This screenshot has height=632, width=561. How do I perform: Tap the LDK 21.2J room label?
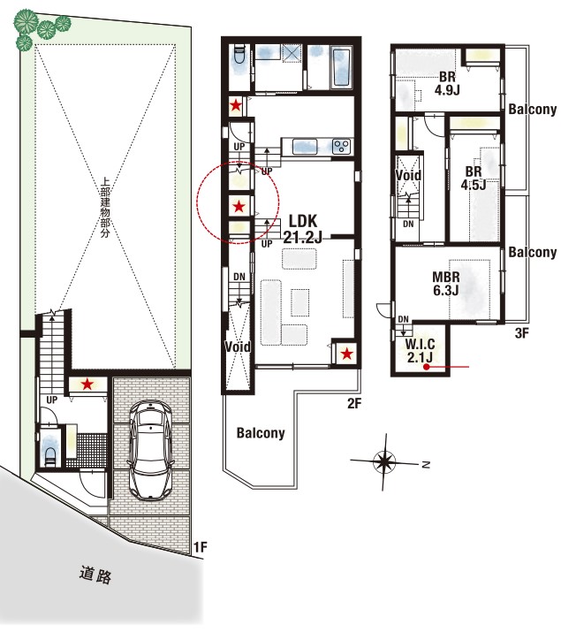[303, 229]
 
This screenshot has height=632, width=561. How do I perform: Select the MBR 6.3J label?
[446, 284]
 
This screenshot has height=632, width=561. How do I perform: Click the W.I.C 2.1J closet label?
[420, 351]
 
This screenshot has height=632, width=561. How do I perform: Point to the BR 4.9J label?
[447, 83]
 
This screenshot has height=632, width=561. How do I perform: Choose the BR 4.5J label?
[474, 178]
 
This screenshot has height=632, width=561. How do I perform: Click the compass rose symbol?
[384, 461]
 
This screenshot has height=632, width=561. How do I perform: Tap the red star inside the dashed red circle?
[239, 207]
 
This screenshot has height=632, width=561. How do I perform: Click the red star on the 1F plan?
[87, 385]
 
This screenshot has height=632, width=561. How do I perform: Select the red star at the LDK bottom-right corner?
[346, 354]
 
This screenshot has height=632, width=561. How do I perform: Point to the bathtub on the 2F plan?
[342, 67]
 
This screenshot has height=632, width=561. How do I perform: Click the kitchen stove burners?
[342, 146]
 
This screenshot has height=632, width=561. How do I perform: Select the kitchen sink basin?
[306, 147]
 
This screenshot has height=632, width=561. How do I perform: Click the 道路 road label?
[95, 575]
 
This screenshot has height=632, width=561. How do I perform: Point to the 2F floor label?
[354, 403]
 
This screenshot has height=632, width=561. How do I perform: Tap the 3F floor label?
[521, 333]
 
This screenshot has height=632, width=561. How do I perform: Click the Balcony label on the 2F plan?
[261, 433]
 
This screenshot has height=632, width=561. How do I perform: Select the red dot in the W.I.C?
[426, 367]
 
